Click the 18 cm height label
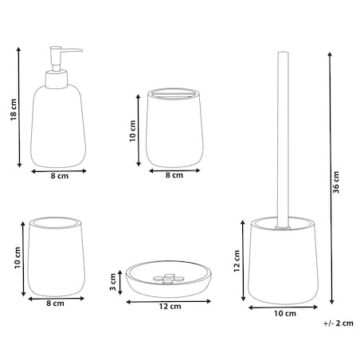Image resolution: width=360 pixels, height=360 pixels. pyautogui.click(x=14, y=110)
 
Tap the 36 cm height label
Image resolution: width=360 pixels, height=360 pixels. pyautogui.click(x=336, y=182)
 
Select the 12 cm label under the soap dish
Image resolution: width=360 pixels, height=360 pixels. pyautogui.click(x=170, y=307)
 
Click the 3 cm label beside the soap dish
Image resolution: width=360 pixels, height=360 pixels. pyautogui.click(x=113, y=282)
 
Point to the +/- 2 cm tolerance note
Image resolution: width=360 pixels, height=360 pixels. pyautogui.click(x=338, y=323)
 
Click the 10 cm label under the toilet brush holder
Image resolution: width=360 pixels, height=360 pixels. pyautogui.click(x=285, y=314)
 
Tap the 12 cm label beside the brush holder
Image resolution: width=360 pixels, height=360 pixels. pyautogui.click(x=237, y=261)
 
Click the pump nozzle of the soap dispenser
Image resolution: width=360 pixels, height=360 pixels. pyautogui.click(x=66, y=50)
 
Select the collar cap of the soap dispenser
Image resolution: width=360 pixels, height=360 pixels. pyautogui.click(x=57, y=79)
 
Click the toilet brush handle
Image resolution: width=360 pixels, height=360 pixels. pyautogui.click(x=283, y=139)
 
